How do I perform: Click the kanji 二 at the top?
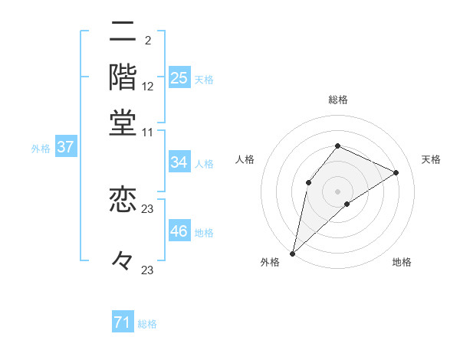click(x=123, y=32)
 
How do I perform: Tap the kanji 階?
click(x=123, y=77)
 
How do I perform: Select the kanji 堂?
click(x=123, y=123)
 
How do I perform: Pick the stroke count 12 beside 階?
click(x=148, y=86)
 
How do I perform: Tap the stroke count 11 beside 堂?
click(x=148, y=132)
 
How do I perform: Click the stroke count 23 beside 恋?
click(x=148, y=209)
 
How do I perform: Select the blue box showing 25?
click(x=179, y=77)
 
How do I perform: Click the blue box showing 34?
click(x=179, y=162)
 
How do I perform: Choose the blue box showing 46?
click(x=179, y=231)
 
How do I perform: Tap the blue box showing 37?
click(x=65, y=147)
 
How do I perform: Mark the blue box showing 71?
click(x=122, y=322)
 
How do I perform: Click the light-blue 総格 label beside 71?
click(x=147, y=324)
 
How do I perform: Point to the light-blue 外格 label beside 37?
click(x=41, y=149)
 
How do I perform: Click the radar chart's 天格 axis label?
click(x=431, y=159)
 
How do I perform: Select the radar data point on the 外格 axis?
click(x=292, y=253)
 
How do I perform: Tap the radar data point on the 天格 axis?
click(x=396, y=172)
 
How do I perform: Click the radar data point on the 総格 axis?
click(x=337, y=146)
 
